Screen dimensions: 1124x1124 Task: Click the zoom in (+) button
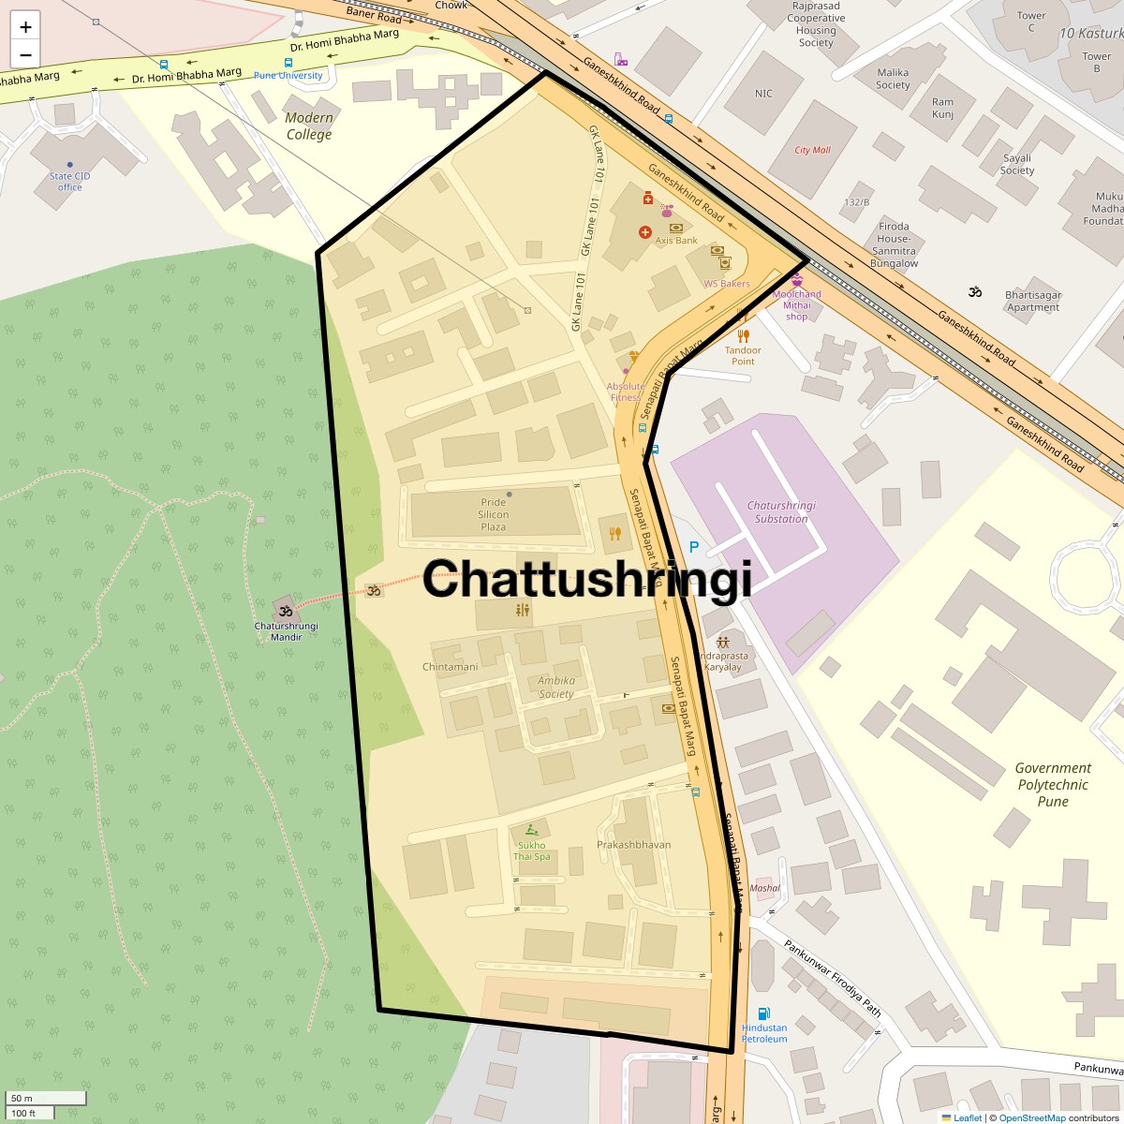point(25,27)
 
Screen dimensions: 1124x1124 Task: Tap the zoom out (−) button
point(25,54)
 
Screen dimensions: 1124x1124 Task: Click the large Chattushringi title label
point(587,579)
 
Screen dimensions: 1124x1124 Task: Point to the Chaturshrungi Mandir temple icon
point(286,610)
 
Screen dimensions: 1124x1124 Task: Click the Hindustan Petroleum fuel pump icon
point(764,1013)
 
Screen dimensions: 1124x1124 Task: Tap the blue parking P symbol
point(694,547)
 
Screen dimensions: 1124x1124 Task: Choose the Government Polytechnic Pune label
point(1053,784)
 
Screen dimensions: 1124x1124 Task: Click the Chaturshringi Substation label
point(781,511)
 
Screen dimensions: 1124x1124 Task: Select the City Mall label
point(812,150)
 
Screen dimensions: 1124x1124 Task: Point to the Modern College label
point(309,126)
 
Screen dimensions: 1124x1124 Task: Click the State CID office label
point(70,181)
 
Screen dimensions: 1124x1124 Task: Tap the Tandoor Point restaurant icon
point(743,335)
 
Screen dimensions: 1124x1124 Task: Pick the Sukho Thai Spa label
point(531,850)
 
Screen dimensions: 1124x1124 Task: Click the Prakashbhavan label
point(633,844)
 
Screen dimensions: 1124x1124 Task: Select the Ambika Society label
point(556,688)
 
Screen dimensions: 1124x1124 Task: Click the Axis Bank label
point(675,241)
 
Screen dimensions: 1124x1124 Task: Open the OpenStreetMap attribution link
point(1031,1117)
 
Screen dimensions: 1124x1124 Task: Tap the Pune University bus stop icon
point(288,63)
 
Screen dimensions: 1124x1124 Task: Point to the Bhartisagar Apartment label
point(1033,301)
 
